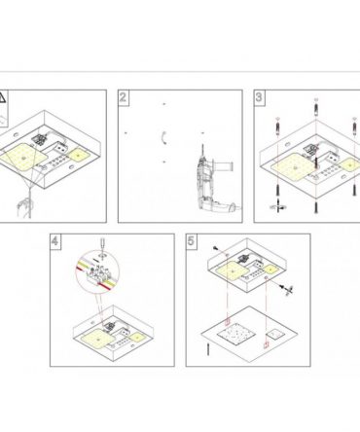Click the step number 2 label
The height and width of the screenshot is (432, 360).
123,97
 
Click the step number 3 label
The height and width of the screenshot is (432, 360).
259,97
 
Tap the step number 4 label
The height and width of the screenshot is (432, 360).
54,241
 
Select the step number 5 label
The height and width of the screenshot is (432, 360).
191,241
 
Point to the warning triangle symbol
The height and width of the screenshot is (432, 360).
2,97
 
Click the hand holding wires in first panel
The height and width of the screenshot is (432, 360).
25,207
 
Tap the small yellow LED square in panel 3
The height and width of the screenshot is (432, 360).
349,165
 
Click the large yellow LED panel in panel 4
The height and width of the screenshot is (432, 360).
97,340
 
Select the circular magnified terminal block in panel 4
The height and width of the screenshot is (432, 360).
97,271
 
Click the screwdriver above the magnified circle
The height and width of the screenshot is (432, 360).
102,248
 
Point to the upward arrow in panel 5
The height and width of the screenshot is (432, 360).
208,348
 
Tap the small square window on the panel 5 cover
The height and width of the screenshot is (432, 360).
275,334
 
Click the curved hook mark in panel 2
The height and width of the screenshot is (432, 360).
164,138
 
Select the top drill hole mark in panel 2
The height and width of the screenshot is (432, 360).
164,104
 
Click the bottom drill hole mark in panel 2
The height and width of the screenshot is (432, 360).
164,162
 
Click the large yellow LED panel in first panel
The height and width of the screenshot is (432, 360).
23,158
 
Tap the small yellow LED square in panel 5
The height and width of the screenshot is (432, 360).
270,270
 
